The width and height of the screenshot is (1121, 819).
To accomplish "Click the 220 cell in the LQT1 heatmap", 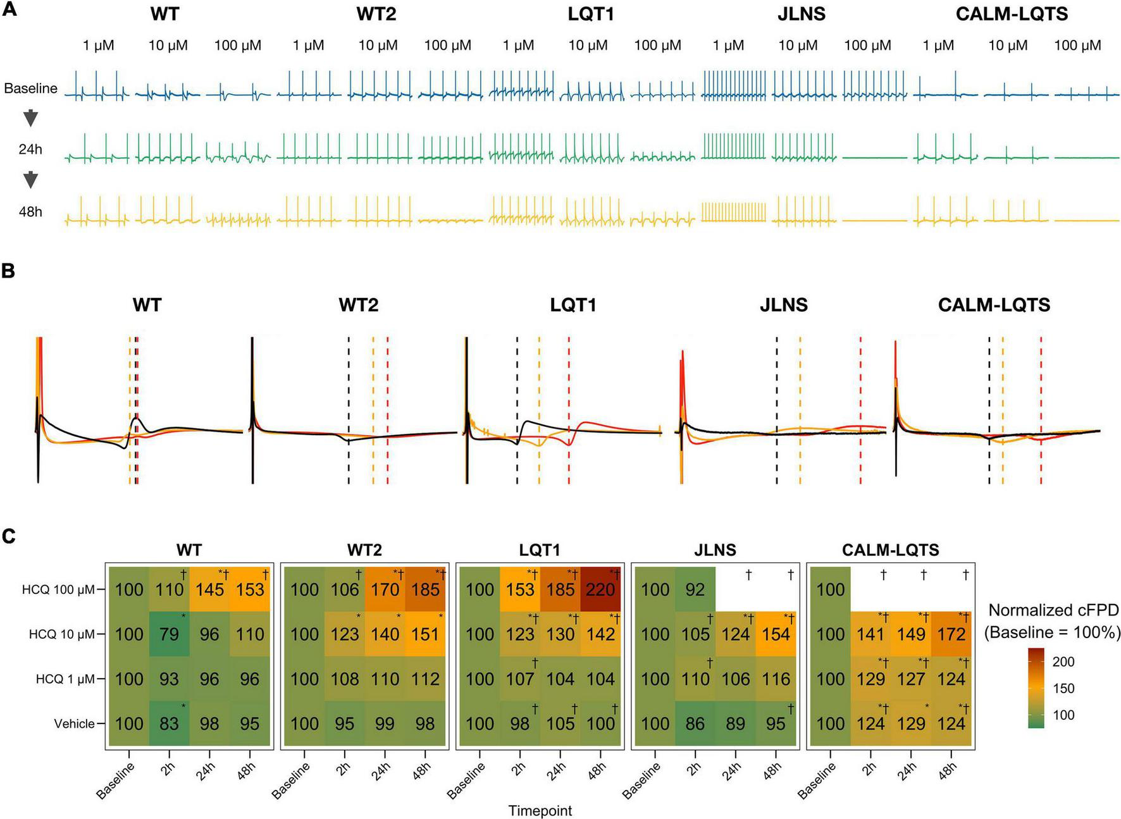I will (600, 589).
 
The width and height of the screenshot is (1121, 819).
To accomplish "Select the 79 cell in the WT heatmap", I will (169, 634).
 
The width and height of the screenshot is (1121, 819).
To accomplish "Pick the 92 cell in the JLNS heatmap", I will (695, 589).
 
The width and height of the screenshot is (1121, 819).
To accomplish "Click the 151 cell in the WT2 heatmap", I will (425, 634).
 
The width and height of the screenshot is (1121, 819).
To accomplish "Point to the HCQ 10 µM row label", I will (61, 634).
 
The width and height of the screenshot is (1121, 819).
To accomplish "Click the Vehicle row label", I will (74, 724).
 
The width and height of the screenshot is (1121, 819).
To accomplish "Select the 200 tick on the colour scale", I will (1063, 662).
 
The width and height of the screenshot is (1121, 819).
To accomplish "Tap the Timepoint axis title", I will (540, 810).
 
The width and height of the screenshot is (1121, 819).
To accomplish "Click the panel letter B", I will (8, 271).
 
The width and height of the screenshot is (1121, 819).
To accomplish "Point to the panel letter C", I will (8, 536).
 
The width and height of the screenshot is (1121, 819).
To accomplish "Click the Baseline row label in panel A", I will (30, 89).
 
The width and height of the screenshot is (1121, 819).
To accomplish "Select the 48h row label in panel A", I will (30, 212).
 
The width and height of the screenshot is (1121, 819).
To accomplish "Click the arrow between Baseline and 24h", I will (30, 118).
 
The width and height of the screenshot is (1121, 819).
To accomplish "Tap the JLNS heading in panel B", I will (783, 305).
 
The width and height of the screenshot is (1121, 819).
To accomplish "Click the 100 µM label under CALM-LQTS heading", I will (1077, 46).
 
